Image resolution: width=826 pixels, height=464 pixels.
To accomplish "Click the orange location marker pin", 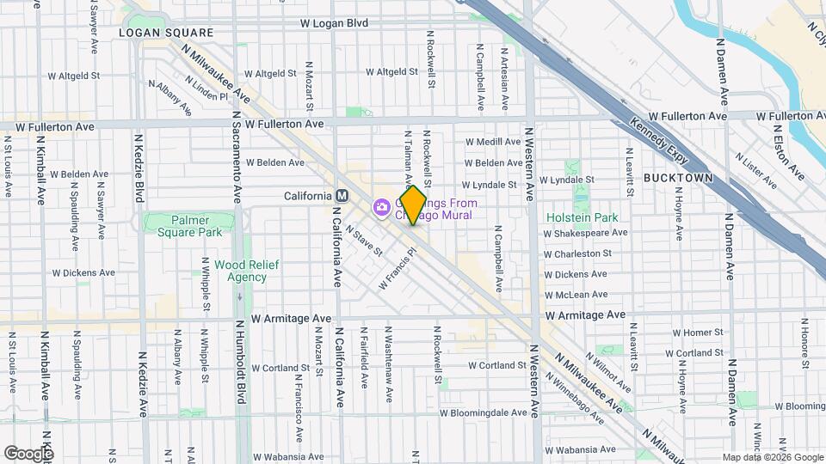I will coord(413,205).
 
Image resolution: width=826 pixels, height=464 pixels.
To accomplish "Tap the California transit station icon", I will coord(342,196).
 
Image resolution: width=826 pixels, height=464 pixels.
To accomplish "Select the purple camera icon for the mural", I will coord(380,207).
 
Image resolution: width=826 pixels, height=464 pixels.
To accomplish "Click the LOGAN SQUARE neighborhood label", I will coord(165,32).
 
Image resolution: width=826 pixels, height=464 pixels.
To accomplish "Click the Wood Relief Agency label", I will coord(247,271).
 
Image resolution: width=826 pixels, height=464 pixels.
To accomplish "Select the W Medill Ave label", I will coord(493,142).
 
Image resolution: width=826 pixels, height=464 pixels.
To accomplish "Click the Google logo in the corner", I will coord(28,453).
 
